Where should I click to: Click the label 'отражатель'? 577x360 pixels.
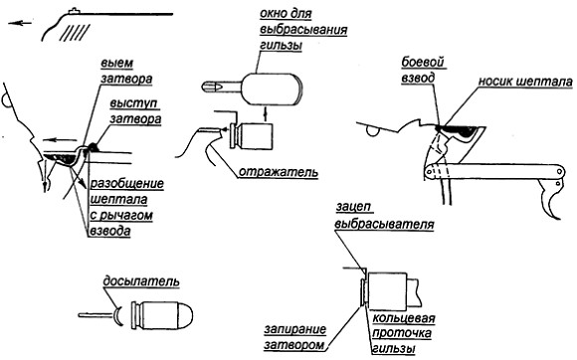279,172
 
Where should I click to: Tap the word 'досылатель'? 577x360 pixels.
141,281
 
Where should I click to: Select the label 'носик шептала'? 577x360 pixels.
525,82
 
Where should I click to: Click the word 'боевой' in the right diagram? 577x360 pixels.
423,63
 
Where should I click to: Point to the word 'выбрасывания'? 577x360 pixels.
303,30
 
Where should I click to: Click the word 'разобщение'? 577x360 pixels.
127,184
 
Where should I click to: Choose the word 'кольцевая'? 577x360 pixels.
404,318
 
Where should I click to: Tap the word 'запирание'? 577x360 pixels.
294,329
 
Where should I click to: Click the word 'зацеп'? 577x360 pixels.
353,207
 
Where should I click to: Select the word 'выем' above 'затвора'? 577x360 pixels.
117,64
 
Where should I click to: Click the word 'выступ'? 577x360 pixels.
134,103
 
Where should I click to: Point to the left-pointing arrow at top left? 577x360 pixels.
20,23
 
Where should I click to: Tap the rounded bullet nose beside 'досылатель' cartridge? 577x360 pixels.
185,315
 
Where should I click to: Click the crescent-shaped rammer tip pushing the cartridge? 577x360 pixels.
119,316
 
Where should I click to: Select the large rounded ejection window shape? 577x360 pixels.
272,89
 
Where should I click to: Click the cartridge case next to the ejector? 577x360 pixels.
252,136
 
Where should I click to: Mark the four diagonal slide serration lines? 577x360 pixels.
75,33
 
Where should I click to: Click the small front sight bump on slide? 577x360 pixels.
75,11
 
